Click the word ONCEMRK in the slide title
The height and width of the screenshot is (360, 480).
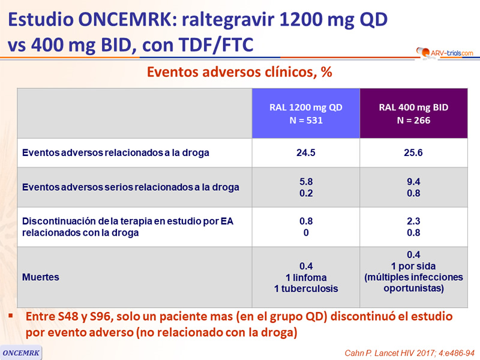pyautogui.click(x=128, y=20)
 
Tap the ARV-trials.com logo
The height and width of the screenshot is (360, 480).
pyautogui.click(x=445, y=53)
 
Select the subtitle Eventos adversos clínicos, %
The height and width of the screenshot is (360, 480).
pyautogui.click(x=239, y=72)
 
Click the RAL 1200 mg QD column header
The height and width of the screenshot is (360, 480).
pyautogui.click(x=306, y=113)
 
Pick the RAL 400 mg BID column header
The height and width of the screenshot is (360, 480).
pyautogui.click(x=413, y=113)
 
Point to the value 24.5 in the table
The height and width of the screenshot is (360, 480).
pyautogui.click(x=306, y=152)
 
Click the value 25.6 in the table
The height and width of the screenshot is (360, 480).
pyautogui.click(x=413, y=152)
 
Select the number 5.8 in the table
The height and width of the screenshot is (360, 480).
pyautogui.click(x=306, y=182)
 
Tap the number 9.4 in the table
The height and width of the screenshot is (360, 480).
pyautogui.click(x=413, y=182)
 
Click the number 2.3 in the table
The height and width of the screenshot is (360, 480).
pyautogui.click(x=413, y=221)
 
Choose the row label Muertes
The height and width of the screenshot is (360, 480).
pyautogui.click(x=41, y=277)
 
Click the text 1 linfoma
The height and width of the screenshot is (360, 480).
pyautogui.click(x=306, y=277)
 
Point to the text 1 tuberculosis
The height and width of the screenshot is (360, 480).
pyautogui.click(x=306, y=289)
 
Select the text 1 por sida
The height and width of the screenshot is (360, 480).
pyautogui.click(x=413, y=266)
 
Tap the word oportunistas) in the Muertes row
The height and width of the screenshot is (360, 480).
pyautogui.click(x=413, y=289)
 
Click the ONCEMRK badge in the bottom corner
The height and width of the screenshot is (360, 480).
pyautogui.click(x=21, y=353)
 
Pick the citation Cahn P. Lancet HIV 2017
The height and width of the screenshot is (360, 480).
pyautogui.click(x=410, y=353)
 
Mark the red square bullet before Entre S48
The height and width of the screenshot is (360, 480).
pyautogui.click(x=11, y=316)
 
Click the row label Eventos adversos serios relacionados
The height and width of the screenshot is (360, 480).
pyautogui.click(x=131, y=187)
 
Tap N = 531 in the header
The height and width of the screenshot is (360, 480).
pyautogui.click(x=306, y=121)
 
